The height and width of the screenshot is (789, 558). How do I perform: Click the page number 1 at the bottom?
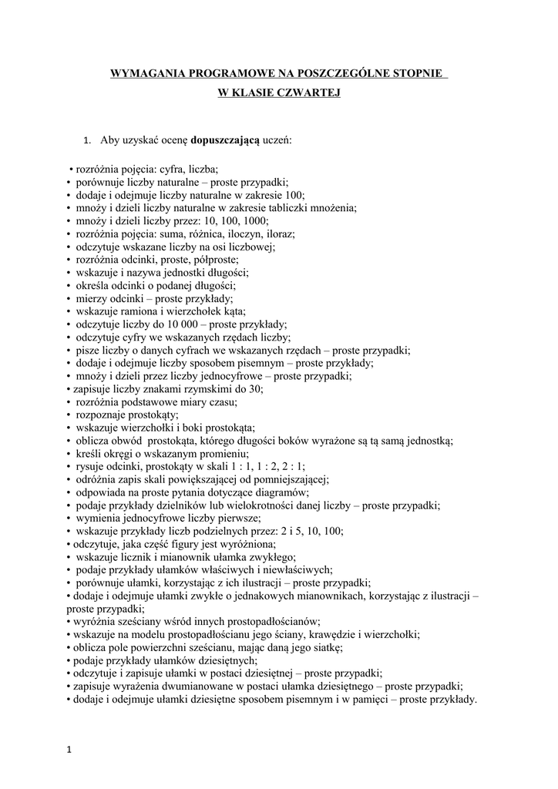(x=70, y=752)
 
